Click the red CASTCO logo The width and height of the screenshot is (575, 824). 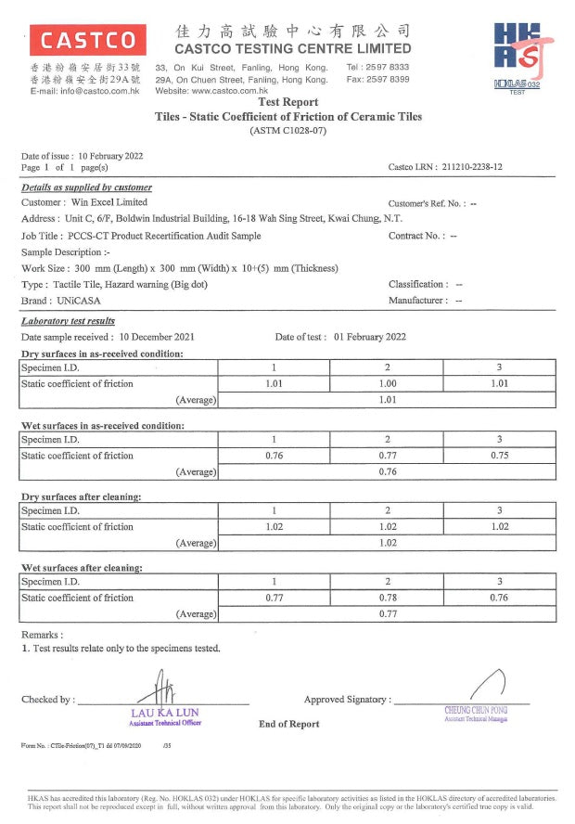pos(87,40)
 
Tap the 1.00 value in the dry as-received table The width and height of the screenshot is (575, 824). pos(387,383)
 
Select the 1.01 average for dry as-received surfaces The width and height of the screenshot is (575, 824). pos(387,400)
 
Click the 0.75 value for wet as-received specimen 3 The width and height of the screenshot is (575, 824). pos(499,456)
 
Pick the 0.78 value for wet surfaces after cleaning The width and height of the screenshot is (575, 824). pos(387,598)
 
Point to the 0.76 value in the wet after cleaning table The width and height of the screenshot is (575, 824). pos(499,598)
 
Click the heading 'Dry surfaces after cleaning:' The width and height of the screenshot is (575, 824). pos(82,496)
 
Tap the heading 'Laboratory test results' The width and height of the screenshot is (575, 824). pos(74,321)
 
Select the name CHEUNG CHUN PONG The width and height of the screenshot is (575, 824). pos(476,710)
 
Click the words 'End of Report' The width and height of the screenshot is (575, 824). pos(288,724)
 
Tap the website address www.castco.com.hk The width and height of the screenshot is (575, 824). pos(241,91)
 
